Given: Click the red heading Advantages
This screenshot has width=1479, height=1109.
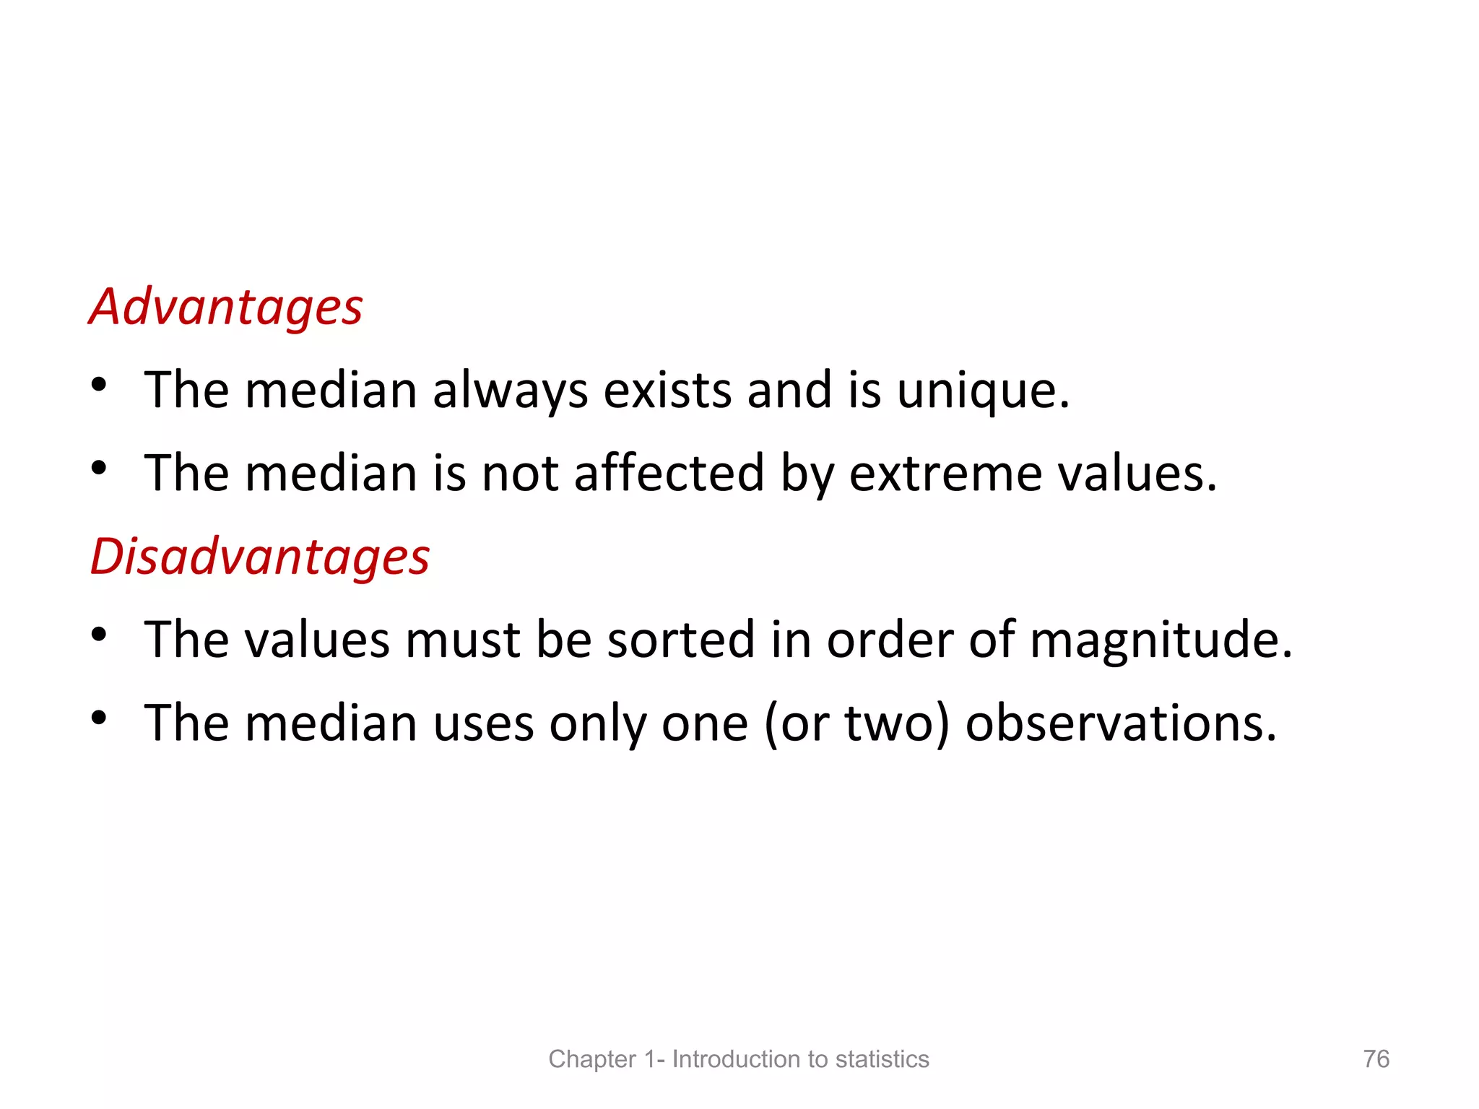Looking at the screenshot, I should coord(225,308).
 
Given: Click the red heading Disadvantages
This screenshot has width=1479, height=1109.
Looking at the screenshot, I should coord(260,557).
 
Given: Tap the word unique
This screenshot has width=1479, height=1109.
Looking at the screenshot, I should coord(982,391).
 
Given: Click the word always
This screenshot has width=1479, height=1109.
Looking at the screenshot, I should coord(510,391).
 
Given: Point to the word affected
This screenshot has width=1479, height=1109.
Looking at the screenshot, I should coord(669,474).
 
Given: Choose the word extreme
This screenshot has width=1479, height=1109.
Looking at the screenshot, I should coord(945,475).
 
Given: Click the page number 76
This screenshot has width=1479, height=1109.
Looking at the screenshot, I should coord(1376,1058).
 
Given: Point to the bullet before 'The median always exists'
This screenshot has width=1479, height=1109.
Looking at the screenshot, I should coord(99,385).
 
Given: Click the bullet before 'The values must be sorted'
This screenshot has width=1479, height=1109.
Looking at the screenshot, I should coord(99,635).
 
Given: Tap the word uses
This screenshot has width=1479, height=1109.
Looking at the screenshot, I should coord(483,723).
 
